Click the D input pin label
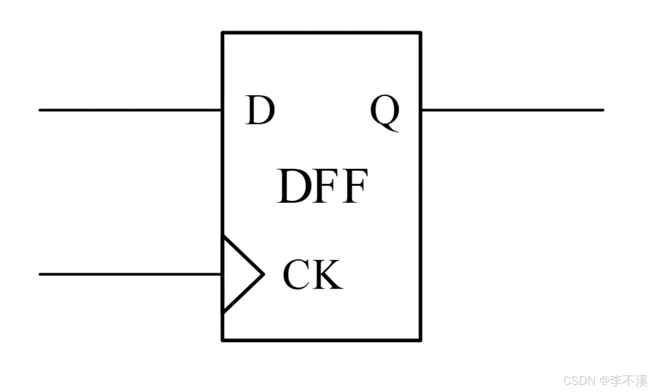[260, 110]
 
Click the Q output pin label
[385, 112]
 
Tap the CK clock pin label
[313, 274]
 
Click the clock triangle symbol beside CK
[243, 274]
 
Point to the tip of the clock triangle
[264, 274]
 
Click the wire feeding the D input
[130, 110]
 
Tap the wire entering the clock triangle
[130, 274]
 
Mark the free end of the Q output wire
[603, 110]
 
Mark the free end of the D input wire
[40, 110]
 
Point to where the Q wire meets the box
[421, 110]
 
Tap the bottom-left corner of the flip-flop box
[223, 340]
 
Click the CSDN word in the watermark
[579, 381]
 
